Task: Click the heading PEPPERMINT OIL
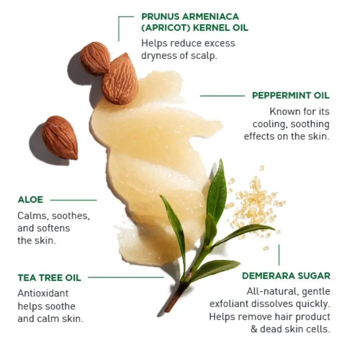291,95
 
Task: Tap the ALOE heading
30,200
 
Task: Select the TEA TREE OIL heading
49,278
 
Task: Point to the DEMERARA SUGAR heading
286,276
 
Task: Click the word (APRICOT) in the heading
165,28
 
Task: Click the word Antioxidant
43,293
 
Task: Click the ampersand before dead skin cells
254,329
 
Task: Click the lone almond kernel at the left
60,138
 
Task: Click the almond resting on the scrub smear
120,78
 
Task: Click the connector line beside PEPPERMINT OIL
222,96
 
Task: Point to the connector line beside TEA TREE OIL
126,277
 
